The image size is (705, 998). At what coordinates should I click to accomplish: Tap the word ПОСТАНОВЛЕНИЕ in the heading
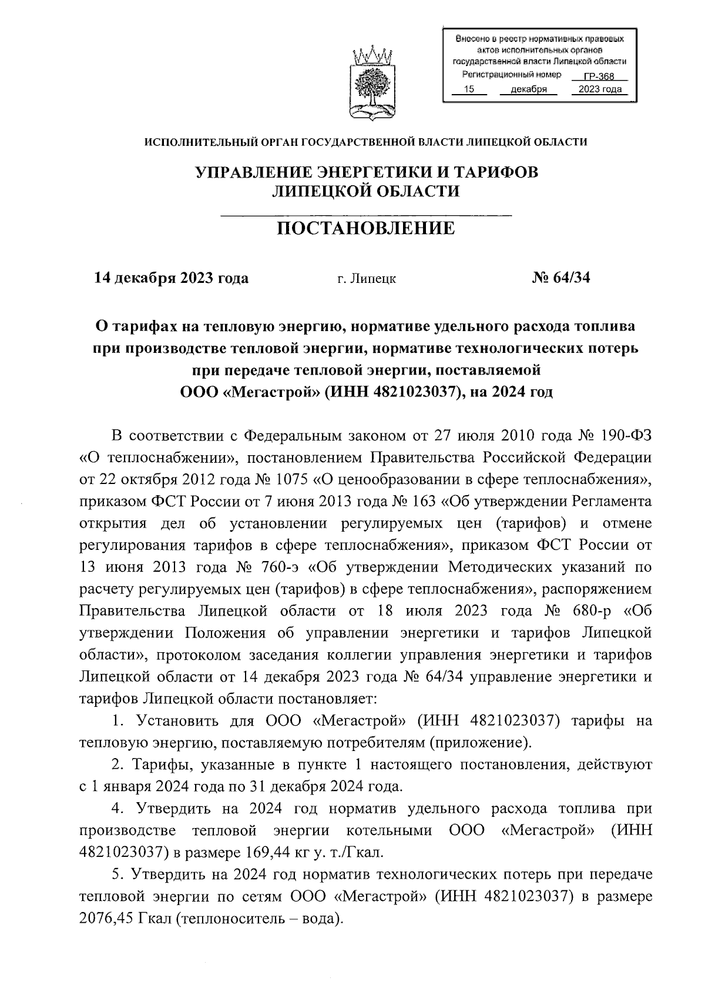365,228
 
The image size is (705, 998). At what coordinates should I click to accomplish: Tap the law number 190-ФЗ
627,436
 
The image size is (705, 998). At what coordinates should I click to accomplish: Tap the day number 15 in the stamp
469,90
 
